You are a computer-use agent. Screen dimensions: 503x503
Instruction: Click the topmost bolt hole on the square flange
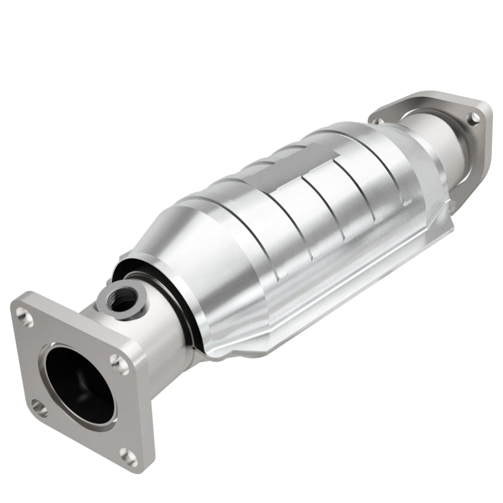click(25, 318)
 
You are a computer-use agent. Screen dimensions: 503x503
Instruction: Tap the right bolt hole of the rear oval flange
click(475, 118)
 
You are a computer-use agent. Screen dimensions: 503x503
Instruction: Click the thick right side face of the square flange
click(141, 409)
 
